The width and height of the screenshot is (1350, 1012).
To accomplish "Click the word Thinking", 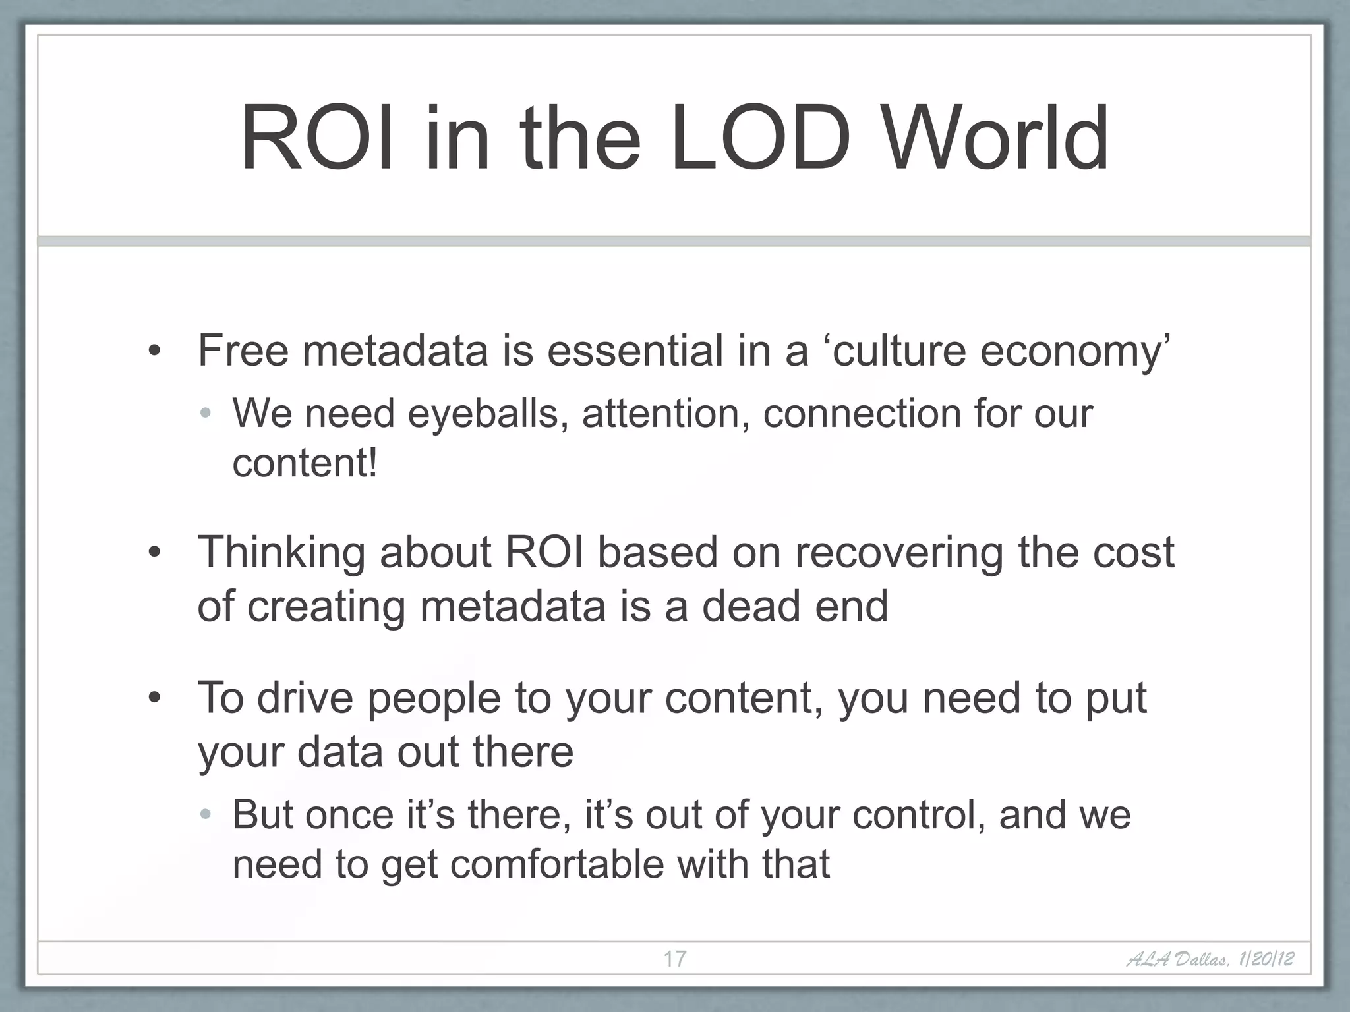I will tap(281, 552).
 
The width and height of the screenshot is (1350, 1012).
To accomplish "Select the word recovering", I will tap(898, 552).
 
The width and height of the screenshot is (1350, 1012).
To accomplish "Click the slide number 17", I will tap(674, 959).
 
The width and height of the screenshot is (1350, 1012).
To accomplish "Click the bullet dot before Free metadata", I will tap(154, 352).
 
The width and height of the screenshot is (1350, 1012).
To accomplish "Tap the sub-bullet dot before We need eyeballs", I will tap(206, 414).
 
